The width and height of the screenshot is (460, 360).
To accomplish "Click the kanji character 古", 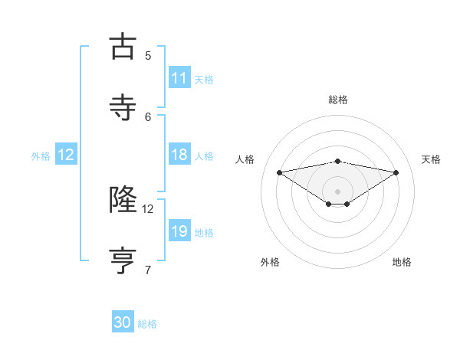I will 123,47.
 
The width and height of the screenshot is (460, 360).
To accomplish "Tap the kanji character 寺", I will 123,107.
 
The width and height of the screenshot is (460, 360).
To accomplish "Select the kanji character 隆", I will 123,200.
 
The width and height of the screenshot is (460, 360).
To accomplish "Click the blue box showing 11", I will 179,78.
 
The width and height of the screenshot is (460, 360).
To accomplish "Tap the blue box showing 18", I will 179,155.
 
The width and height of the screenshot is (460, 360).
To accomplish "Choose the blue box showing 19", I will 179,231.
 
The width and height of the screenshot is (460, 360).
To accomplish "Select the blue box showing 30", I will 123,323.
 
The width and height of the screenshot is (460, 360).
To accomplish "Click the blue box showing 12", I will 66,155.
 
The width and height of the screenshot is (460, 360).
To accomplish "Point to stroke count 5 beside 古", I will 148,55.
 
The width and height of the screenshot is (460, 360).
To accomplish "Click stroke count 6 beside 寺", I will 148,116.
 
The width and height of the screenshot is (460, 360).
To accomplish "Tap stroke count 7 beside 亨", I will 148,270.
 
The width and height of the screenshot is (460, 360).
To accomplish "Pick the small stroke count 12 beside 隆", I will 148,208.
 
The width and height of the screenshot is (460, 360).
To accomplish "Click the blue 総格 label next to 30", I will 147,324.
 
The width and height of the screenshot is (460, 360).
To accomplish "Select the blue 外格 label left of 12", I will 41,155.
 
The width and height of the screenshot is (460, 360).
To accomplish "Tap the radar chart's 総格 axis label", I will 338,100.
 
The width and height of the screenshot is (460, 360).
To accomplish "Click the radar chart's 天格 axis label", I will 431,159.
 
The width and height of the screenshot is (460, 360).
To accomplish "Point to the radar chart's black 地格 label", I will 402,262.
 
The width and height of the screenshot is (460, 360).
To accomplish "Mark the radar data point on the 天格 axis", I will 396,172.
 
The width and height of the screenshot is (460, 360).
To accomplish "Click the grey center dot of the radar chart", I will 338,191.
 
